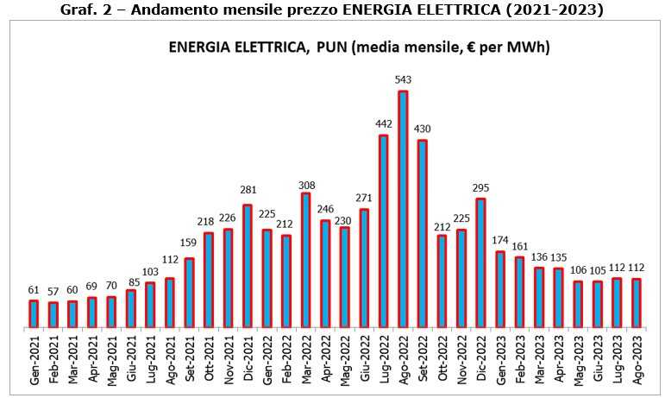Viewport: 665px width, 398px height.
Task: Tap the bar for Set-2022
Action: (x=422, y=234)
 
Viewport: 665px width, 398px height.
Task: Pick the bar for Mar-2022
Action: (x=305, y=260)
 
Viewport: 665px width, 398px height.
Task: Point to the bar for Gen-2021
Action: (x=33, y=313)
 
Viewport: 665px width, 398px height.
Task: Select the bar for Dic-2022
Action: (x=480, y=263)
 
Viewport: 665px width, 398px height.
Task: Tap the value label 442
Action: (x=383, y=124)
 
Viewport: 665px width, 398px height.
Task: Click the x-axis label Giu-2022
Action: (x=362, y=362)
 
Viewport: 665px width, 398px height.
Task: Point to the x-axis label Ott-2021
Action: (x=207, y=362)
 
